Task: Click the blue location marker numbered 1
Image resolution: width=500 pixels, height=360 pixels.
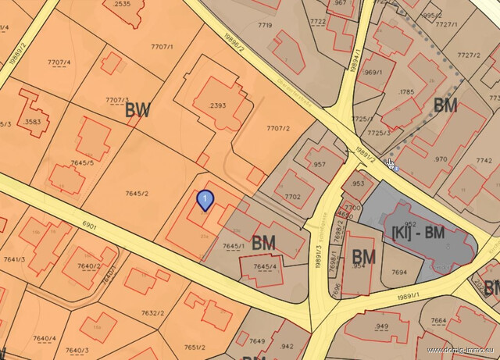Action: coord(205,201)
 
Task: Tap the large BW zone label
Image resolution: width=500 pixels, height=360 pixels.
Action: coord(137,110)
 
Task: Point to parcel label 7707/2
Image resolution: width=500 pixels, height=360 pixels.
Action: coord(277,128)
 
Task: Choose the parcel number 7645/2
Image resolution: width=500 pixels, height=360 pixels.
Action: coord(136,193)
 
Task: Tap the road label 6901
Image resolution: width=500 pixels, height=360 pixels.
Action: coord(89,226)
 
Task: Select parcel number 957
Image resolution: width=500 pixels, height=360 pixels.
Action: coord(318,165)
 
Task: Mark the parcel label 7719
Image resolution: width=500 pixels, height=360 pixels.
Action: coord(264,26)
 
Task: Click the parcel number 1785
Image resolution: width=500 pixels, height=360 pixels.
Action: coord(406,91)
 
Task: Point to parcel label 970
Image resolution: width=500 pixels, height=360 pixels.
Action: coord(441,159)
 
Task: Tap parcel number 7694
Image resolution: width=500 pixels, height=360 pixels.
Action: coord(400,272)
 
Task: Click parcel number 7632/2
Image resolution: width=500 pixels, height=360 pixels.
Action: coord(152,313)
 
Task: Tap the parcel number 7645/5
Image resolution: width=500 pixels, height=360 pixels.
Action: coord(82,162)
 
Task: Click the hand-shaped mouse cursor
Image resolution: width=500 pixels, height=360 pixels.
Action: coord(391,163)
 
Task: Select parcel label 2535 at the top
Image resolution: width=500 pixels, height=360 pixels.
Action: coord(123,4)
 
